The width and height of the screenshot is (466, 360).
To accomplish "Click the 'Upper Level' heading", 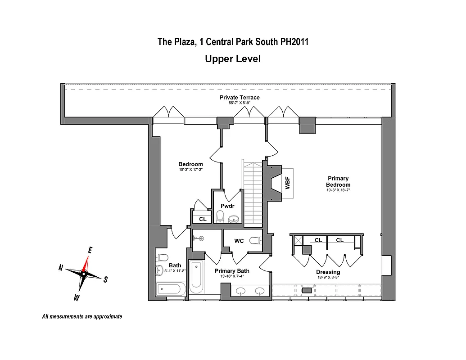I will pos(232,58).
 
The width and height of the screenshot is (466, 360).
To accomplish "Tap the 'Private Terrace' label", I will pos(239,97).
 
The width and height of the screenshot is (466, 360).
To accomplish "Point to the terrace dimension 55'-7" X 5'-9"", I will pos(239,103).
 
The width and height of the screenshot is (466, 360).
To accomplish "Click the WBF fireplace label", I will pos(287,183).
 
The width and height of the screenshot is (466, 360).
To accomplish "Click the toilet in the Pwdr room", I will pos(220,217).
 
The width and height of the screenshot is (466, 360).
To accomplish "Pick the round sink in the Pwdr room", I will pos(234,219).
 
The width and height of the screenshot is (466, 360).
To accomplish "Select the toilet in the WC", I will pos(256,240).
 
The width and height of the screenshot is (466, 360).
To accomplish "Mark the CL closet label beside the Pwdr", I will pos(202,219).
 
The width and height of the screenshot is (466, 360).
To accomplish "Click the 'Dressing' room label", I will pos(329,272).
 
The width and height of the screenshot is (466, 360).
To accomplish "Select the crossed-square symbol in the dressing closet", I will pos(298,240).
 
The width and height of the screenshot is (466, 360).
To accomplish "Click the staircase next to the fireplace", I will pos(253,193).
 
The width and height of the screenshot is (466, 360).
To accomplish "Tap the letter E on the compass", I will pos(90,250).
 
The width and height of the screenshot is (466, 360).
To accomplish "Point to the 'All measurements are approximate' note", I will pos(82,316).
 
